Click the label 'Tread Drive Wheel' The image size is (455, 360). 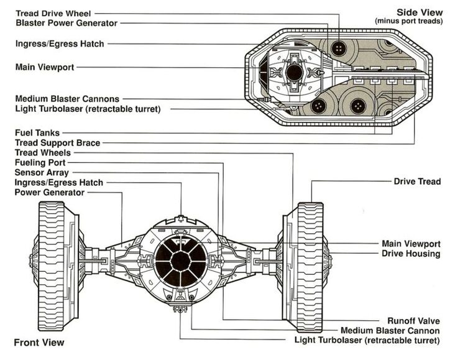54,13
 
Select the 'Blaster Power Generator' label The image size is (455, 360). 66,23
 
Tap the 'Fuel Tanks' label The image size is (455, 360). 37,132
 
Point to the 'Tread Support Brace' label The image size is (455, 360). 57,142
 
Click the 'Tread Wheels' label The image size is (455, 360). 42,152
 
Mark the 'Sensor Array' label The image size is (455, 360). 42,172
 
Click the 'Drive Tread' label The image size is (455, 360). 417,182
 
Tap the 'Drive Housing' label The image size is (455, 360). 411,254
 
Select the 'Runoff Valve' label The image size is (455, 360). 413,321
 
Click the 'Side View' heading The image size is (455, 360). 420,12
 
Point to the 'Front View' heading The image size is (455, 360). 39,342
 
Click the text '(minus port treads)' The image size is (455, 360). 408,21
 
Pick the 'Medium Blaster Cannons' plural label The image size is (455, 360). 67,99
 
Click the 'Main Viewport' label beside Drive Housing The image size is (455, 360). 411,244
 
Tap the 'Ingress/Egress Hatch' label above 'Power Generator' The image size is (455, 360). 59,182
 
